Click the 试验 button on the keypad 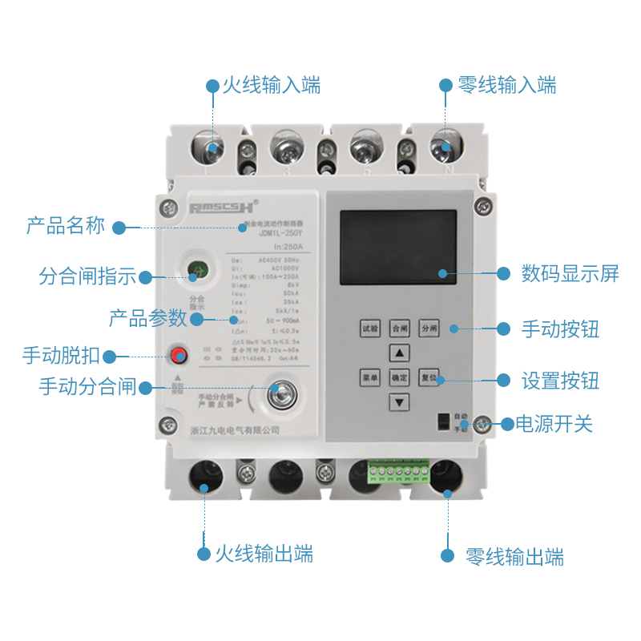click(369, 328)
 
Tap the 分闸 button click(429, 328)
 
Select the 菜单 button click(369, 377)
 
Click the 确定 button click(399, 377)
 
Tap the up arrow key click(399, 353)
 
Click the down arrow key click(399, 401)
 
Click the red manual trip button click(178, 356)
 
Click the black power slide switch click(441, 421)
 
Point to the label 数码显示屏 click(570, 273)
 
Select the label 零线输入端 click(506, 86)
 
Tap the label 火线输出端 click(264, 554)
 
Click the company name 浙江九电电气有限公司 click(235, 430)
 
